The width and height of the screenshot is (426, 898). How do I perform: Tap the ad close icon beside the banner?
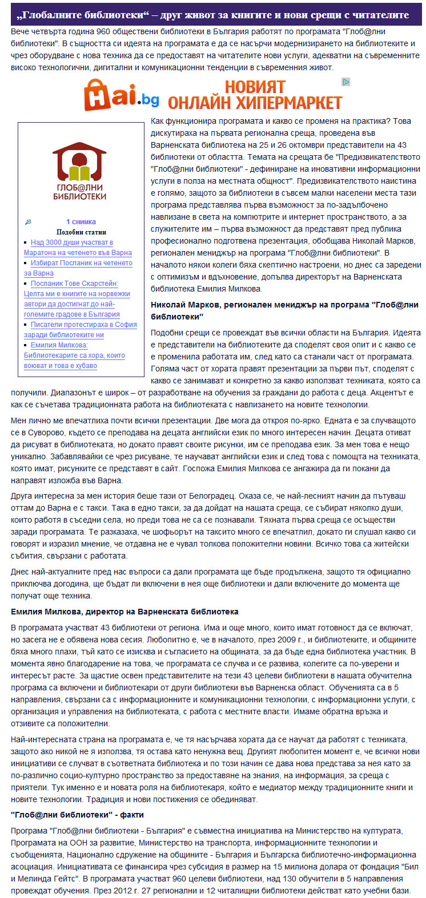(345, 82)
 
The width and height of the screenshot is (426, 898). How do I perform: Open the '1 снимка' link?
(81, 222)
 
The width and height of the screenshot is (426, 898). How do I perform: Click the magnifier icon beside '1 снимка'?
(28, 222)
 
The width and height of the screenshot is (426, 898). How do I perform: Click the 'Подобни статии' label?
(81, 232)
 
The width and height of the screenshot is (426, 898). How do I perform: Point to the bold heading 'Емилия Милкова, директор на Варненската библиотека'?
(124, 612)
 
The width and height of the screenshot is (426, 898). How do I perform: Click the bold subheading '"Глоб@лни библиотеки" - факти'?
(77, 815)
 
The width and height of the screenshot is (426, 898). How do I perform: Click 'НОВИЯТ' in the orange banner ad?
(255, 87)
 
